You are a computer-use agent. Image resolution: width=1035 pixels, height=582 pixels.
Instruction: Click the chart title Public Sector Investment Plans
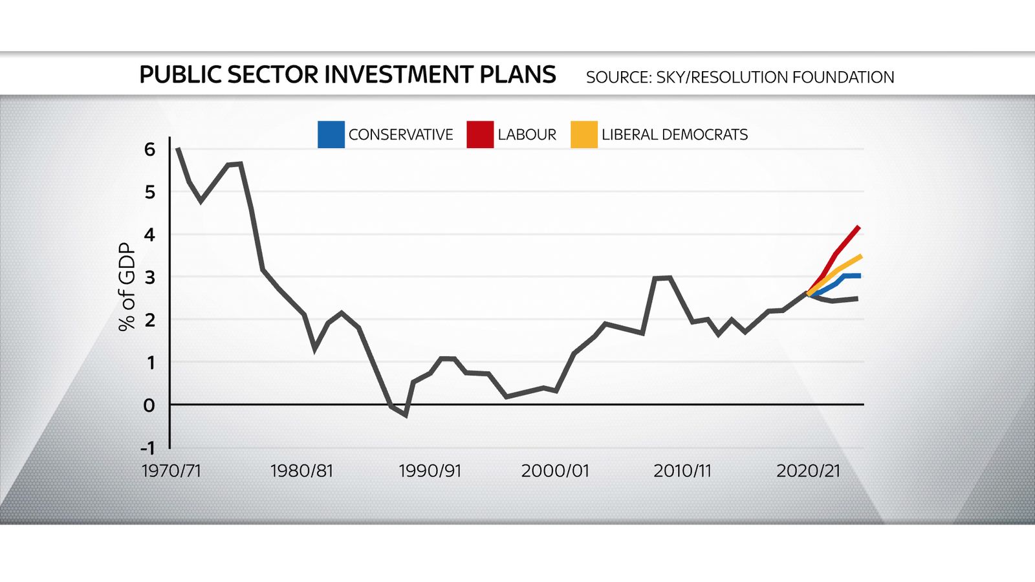coord(347,75)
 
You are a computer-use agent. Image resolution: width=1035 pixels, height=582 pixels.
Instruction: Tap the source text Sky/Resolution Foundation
coord(739,78)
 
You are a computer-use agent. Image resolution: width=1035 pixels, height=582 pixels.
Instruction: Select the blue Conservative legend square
coord(331,135)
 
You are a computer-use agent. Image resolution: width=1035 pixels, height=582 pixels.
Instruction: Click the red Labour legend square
coord(480,135)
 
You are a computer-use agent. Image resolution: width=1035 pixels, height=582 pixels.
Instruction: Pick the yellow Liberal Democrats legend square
coord(583,135)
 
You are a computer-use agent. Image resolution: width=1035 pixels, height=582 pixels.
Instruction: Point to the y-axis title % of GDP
coord(127,286)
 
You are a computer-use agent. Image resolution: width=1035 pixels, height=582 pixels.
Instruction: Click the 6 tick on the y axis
coord(150,149)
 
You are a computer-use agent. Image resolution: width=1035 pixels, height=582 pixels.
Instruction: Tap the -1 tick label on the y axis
coord(147,448)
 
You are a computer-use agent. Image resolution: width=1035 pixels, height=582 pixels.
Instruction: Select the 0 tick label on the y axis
coord(149,405)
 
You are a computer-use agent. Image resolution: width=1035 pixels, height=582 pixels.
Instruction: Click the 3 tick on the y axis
coord(150,277)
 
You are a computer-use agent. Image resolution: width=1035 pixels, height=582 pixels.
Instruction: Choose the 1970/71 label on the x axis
coord(171,471)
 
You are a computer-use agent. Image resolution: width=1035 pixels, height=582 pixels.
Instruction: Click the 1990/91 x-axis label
coord(430,471)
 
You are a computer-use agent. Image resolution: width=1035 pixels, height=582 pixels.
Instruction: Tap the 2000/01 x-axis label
coord(555,471)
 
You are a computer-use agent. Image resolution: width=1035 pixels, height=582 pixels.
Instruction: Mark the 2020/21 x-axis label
coord(808,471)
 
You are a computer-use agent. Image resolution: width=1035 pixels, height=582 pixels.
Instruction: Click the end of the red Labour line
coord(858,227)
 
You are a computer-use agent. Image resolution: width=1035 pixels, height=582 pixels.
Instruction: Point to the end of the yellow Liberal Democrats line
coord(860,257)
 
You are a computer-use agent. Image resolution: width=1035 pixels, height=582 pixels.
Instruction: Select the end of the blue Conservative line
coord(859,276)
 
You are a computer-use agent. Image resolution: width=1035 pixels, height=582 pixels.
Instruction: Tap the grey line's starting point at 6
coord(178,149)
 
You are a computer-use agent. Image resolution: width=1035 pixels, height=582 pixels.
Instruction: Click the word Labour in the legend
coord(527,135)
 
